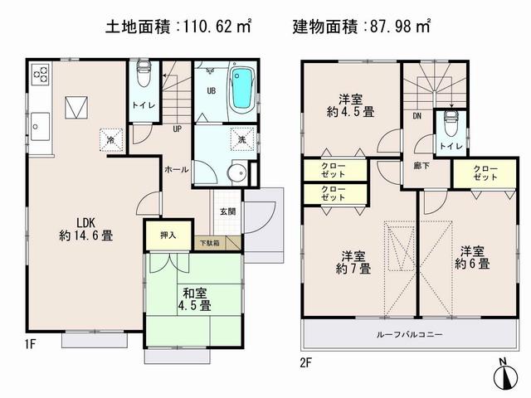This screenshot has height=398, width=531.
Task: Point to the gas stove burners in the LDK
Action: coord(41,77)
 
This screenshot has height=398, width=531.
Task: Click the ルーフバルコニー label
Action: coord(406,335)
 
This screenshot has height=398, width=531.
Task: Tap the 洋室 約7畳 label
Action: coord(353,261)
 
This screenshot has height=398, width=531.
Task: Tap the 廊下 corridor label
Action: coord(420,166)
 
